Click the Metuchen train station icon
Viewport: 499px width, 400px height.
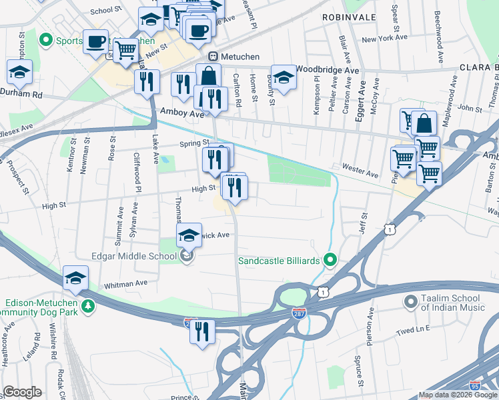[x=213, y=56]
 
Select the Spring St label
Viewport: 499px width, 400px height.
[x=193, y=143]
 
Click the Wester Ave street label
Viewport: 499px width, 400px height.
[x=360, y=171]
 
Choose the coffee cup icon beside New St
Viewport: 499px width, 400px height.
[x=95, y=41]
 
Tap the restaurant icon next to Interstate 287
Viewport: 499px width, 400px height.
[x=202, y=331]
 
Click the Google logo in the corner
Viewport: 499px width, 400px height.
[x=22, y=392]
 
